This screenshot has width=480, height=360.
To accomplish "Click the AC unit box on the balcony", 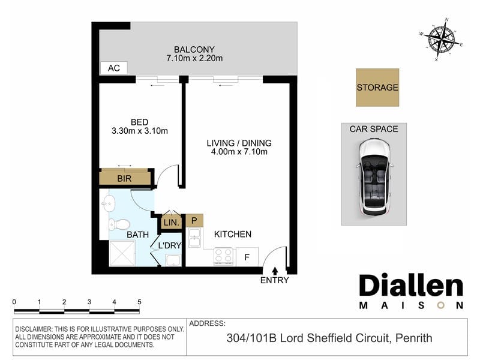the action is click(113, 68).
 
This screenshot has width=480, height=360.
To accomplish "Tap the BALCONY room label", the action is click(194, 49).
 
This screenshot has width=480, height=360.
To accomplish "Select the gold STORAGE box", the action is click(377, 88).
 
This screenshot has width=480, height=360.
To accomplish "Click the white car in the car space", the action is click(374, 177).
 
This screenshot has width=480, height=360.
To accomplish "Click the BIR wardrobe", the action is click(125, 178).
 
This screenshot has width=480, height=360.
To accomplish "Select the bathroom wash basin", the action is click(107, 203).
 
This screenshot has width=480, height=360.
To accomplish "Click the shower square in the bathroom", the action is click(122, 253).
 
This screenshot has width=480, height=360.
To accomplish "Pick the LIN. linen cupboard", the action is click(172, 222).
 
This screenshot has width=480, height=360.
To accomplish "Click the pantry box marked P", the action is click(194, 220).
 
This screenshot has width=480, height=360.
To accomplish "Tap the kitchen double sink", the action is click(194, 237).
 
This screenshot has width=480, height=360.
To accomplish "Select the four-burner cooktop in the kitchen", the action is click(223, 256).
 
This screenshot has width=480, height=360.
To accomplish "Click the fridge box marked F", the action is click(247, 257).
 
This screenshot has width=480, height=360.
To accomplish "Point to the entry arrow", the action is click(275, 271).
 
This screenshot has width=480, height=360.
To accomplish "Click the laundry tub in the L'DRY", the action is click(173, 260).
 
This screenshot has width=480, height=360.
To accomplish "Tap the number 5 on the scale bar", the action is click(139, 302).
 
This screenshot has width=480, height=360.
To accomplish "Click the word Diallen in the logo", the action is click(411, 286).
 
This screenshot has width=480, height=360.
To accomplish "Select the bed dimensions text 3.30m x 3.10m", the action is click(140, 131).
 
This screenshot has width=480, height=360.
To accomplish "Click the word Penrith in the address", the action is click(414, 338).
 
